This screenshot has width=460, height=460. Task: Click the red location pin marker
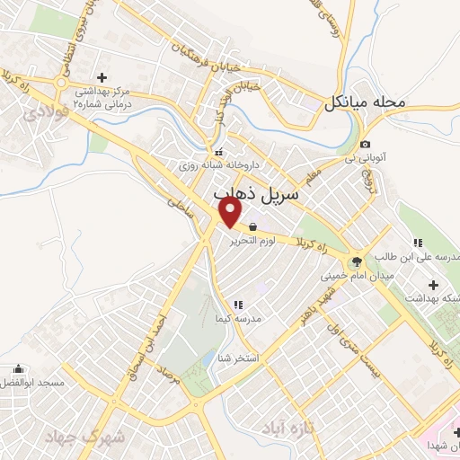tap(231, 212)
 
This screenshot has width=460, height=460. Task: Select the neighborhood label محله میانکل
tap(366, 103)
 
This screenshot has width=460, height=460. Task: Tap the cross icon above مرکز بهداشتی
tap(102, 77)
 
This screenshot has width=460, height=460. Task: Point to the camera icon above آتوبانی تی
tap(365, 145)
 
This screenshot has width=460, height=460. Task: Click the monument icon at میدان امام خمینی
tap(357, 261)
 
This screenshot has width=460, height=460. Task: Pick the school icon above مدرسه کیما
tap(238, 305)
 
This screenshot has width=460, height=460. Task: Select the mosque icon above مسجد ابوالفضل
tap(19, 368)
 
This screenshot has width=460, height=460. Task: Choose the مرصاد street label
tap(169, 377)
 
